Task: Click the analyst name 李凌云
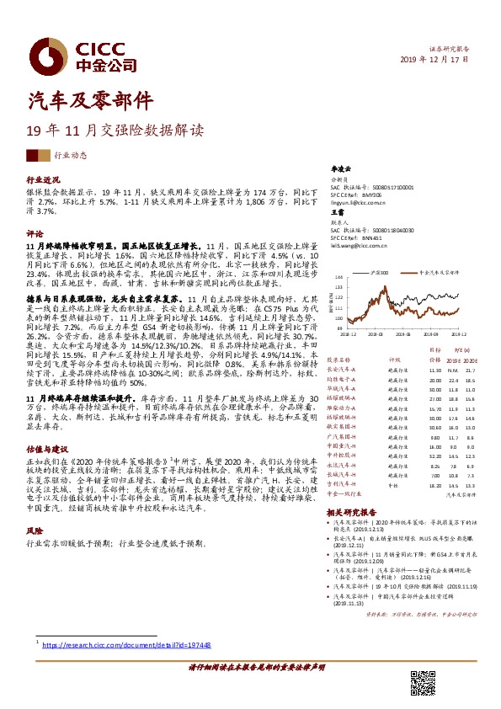[x=338, y=169]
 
